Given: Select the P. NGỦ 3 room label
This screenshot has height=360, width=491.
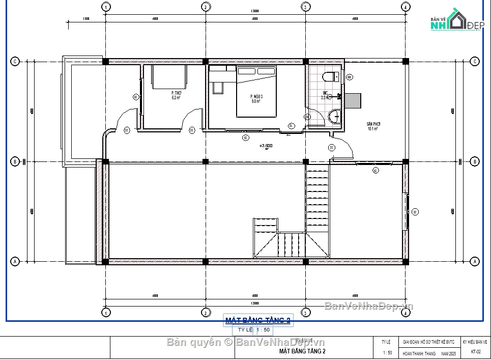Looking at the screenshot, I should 256,99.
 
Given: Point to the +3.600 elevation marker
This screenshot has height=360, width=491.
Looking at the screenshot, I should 266,146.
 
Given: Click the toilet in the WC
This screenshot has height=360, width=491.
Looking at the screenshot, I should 330,77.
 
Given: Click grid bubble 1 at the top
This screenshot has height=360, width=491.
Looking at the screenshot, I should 106,7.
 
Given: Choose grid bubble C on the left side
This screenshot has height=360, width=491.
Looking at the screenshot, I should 15,61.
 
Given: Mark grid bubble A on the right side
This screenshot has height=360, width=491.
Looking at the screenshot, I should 475,262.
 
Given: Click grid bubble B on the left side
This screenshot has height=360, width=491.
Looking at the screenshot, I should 15,162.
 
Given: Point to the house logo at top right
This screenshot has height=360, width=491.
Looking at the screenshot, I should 456,20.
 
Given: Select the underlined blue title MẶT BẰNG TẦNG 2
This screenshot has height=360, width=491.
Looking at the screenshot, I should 258,320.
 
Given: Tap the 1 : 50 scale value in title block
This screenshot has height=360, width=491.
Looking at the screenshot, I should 387,352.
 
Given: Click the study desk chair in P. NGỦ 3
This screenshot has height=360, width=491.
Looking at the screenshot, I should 218,88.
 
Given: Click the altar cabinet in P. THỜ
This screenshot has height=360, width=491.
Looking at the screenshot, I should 169,76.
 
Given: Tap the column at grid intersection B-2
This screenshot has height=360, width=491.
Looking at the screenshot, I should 206,162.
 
